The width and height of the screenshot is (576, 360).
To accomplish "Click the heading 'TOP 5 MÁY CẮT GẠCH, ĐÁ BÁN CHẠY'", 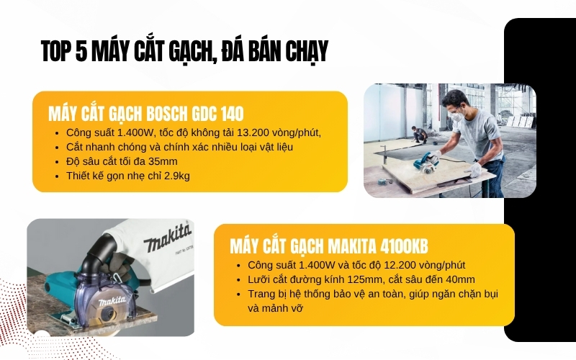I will (x=184, y=51).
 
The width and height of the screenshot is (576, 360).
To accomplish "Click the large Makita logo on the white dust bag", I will (x=167, y=237).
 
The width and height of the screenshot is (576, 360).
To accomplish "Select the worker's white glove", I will (x=475, y=170).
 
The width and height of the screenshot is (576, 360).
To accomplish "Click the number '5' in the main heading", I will (x=81, y=51).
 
